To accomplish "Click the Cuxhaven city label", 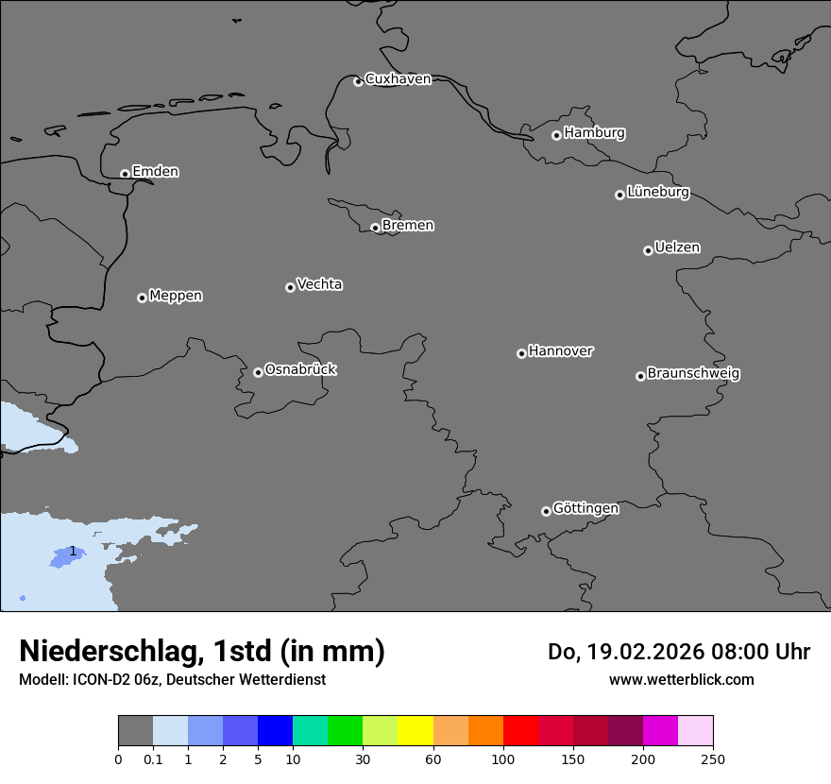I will click(398, 79).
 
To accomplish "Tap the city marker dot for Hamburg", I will click(556, 135).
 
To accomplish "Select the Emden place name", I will click(155, 172).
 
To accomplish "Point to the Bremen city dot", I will click(375, 228).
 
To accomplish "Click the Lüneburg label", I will click(657, 193).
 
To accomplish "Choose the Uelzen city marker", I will click(648, 250).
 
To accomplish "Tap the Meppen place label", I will click(176, 296).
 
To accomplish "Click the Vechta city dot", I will click(290, 287).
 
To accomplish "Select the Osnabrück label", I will click(300, 369).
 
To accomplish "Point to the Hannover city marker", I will click(521, 353).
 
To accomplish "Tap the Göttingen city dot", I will click(546, 511).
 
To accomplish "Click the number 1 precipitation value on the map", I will click(73, 551).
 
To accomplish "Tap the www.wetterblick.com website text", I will click(681, 680).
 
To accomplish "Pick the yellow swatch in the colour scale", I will click(415, 731).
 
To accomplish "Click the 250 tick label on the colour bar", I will click(713, 758).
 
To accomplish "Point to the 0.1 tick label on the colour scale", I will click(153, 758).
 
